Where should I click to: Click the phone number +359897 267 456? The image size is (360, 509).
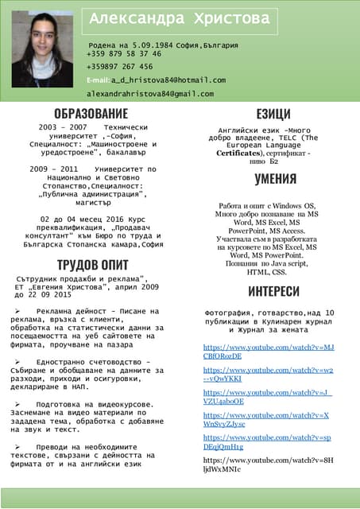tap(120, 67)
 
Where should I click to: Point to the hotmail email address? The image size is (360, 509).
tap(168, 80)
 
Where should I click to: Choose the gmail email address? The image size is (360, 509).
tap(151, 94)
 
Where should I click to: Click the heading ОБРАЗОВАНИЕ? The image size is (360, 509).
tap(91, 114)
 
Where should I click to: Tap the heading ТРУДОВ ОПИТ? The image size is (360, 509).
tap(92, 264)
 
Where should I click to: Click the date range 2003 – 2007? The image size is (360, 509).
tap(63, 127)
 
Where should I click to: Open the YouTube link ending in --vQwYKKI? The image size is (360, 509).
tap(269, 375)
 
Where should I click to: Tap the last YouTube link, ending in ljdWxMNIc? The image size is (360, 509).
tap(269, 464)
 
